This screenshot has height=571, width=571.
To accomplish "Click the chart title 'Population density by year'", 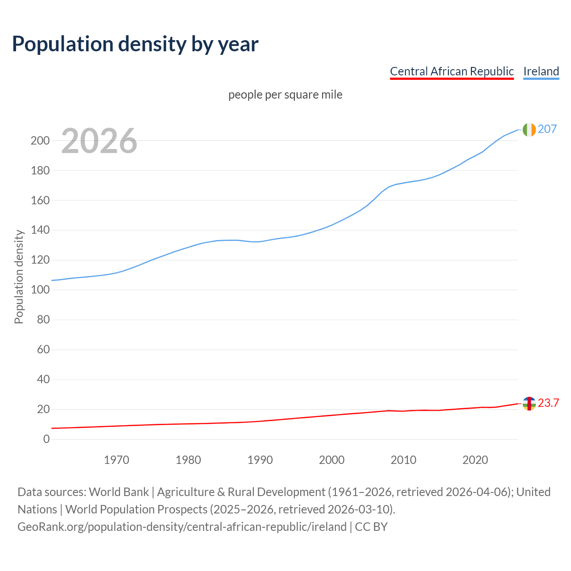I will point(135,44).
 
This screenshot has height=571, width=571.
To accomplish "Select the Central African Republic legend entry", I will point(451,71).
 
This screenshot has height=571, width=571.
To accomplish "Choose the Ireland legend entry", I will point(541,71).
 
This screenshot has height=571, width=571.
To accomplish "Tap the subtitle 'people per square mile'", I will point(285,95).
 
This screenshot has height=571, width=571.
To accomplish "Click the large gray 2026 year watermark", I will point(99,141).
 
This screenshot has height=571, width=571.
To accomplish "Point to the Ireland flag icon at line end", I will point(529,129).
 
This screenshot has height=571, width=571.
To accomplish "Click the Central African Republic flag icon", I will point(529,403).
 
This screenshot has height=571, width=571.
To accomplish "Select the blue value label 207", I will point(547,129).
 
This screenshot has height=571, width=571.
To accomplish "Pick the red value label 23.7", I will point(548,403).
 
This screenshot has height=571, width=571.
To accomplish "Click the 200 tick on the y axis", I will point(40,141).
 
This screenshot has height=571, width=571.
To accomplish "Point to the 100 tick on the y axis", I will point(40,290).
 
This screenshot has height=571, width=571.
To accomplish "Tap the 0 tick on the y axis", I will point(46,439).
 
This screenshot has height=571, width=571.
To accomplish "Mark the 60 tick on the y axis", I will point(43,350).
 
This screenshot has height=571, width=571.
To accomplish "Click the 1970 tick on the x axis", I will point(116,460).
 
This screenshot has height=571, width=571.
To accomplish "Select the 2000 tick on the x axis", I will point(331,460).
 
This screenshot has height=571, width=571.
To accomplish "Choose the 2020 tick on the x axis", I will point(475,460).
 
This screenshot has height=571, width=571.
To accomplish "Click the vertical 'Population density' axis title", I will point(19,277).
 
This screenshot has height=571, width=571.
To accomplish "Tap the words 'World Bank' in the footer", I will point(119,492).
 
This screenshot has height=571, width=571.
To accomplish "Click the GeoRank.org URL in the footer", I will point(182,527).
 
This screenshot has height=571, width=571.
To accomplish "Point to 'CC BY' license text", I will point(371,527).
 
